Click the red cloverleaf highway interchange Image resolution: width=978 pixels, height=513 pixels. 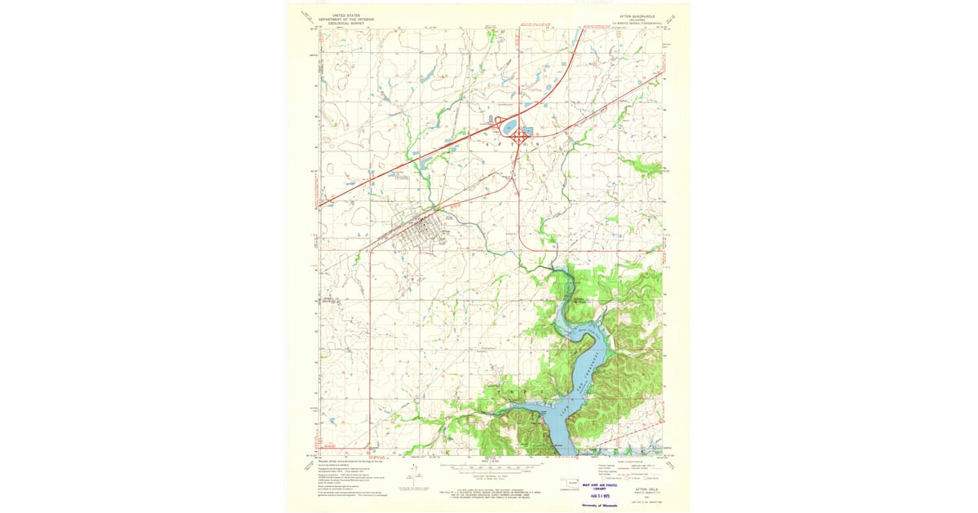click(x=518, y=138)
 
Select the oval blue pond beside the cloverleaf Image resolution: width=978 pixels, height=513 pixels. click(x=509, y=127)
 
